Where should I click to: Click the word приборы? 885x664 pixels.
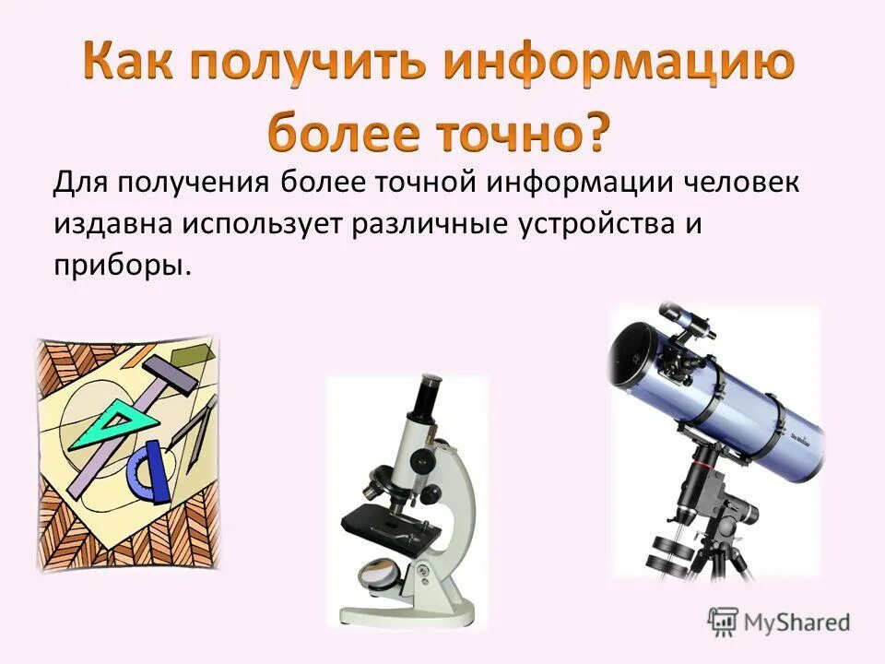pyautogui.click(x=121, y=265)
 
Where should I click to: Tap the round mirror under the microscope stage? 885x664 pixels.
pyautogui.click(x=380, y=575)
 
